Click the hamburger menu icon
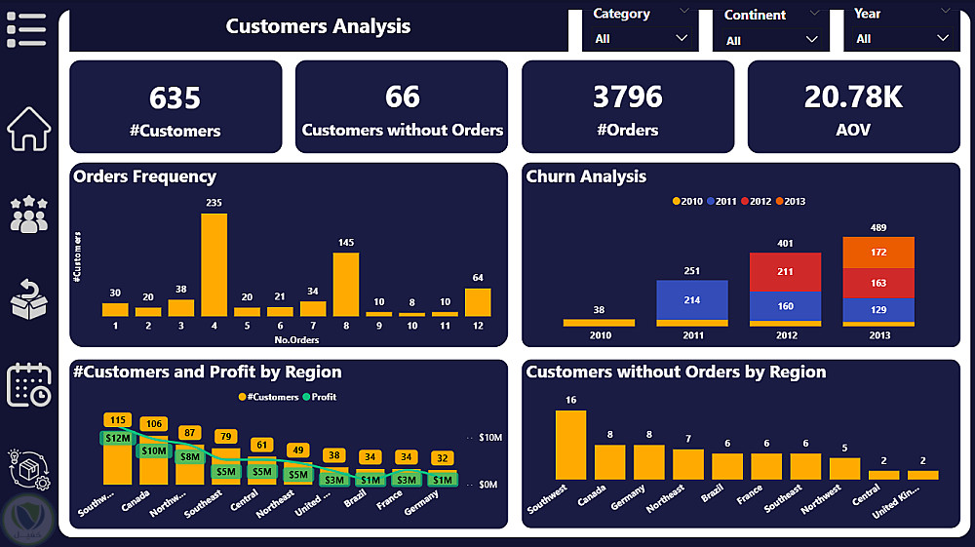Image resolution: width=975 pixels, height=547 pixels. coord(26,29)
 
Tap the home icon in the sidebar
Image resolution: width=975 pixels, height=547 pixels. coord(29,129)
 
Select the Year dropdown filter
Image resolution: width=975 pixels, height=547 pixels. coord(902,38)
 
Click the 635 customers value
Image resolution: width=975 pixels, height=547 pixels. coord(175,98)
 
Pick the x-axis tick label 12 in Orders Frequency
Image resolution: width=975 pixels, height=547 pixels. coord(478,326)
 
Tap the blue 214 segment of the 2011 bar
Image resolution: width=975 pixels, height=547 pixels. coord(692,299)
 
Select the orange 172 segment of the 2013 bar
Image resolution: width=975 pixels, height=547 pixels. coord(878,253)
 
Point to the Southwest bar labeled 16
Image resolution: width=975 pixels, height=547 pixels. coord(570,445)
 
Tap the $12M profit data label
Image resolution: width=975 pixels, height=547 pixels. coord(116,439)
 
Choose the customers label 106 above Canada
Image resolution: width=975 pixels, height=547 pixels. coord(153,424)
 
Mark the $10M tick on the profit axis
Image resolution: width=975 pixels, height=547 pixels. coord(489,438)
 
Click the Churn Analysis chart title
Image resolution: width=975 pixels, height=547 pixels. coord(586,176)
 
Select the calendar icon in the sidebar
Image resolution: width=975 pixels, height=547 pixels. coord(29,384)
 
